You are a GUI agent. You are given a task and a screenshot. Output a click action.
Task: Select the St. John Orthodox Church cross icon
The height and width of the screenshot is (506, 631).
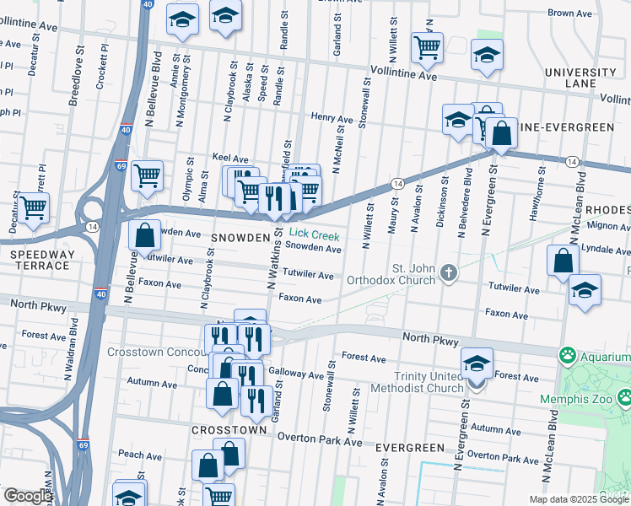click(x=449, y=272)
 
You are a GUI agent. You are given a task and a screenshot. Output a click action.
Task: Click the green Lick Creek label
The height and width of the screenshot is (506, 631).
click(x=314, y=234)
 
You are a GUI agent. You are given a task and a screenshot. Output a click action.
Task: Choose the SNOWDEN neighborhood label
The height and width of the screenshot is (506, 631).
click(x=239, y=238)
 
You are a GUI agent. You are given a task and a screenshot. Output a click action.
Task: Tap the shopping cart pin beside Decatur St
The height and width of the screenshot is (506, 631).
click(x=33, y=207)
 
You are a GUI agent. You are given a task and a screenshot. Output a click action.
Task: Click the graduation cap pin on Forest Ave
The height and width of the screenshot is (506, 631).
click(x=477, y=363)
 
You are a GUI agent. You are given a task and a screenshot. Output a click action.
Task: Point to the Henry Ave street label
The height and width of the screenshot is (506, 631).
click(x=331, y=119)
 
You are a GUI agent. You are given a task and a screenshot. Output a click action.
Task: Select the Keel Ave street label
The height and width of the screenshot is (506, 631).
click(x=230, y=158)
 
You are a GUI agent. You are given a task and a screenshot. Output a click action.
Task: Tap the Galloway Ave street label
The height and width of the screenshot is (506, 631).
click(x=296, y=375)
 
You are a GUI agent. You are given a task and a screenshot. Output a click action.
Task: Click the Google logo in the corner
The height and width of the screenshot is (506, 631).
click(x=27, y=496)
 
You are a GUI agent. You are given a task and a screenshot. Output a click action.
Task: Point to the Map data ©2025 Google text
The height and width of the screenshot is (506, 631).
click(x=578, y=499)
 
